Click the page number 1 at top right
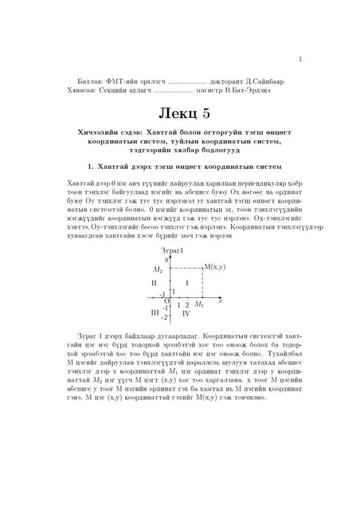[x=299, y=58]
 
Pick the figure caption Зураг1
[x=172, y=252]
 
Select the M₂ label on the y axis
[x=158, y=269]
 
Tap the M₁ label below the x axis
[x=199, y=305]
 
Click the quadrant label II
[x=155, y=284]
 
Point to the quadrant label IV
[x=186, y=314]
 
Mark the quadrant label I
[x=186, y=284]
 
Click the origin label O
[x=166, y=300]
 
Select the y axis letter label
[x=166, y=260]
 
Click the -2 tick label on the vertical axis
[x=164, y=317]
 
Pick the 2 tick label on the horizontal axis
[x=187, y=305]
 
